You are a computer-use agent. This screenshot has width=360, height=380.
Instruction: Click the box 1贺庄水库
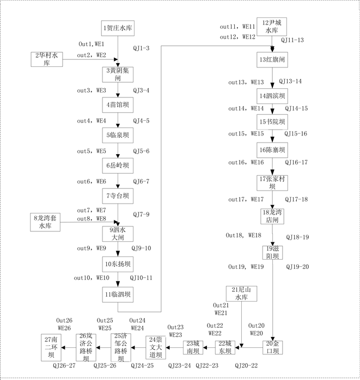(118, 27)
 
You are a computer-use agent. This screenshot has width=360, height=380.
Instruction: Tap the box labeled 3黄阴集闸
(118, 74)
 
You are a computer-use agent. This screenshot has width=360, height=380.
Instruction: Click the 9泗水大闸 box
(118, 234)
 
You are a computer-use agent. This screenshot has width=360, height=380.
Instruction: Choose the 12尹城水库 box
(272, 27)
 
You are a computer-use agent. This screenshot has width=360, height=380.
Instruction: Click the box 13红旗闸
(272, 59)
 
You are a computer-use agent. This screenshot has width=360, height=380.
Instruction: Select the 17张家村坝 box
(272, 182)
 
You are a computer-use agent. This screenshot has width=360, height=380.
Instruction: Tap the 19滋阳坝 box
(272, 252)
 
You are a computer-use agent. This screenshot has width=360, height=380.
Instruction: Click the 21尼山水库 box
(241, 294)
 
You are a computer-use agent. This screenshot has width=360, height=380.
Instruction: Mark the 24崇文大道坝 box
(160, 347)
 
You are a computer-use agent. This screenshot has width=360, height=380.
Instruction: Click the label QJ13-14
(290, 81)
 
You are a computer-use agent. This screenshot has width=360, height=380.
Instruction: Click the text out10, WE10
(92, 278)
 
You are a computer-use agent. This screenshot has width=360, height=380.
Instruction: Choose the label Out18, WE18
(244, 235)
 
